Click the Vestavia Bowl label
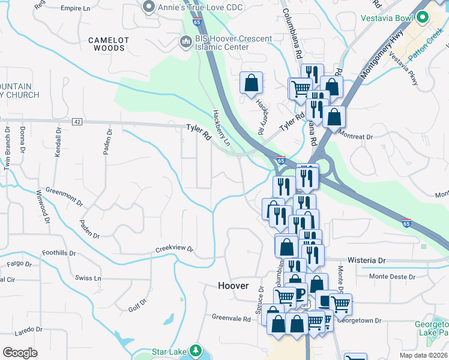pos(387,18)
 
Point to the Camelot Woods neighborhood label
pos(109,45)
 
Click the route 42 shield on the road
pos(77,121)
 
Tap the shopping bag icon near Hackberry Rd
pos(251,83)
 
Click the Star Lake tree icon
pos(194,350)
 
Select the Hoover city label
pos(233,286)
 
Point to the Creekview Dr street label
pos(175,248)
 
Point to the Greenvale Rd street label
pos(231,318)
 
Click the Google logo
pos(20,353)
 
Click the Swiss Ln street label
pos(88,278)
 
